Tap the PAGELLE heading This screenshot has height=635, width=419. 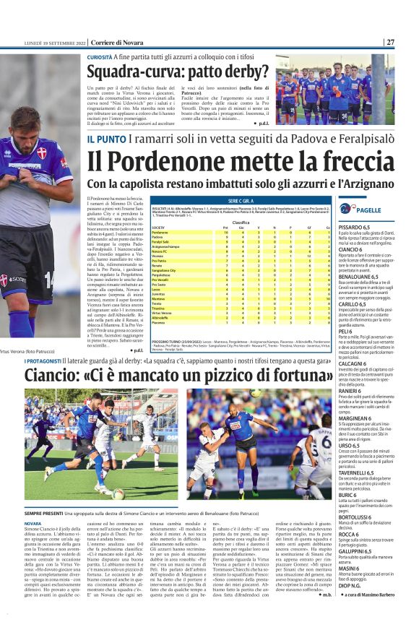[x=369, y=209]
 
